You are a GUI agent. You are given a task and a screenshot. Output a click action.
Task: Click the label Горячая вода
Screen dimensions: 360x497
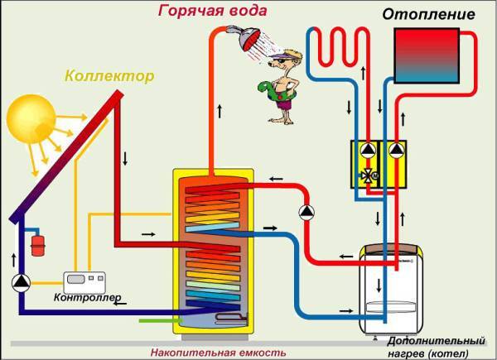[228, 10]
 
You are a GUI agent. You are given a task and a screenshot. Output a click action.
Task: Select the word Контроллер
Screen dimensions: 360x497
[88, 296]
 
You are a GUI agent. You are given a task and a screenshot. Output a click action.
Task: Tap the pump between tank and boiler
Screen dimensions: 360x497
[307, 211]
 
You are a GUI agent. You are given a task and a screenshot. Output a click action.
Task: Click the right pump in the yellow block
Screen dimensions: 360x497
[397, 151]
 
